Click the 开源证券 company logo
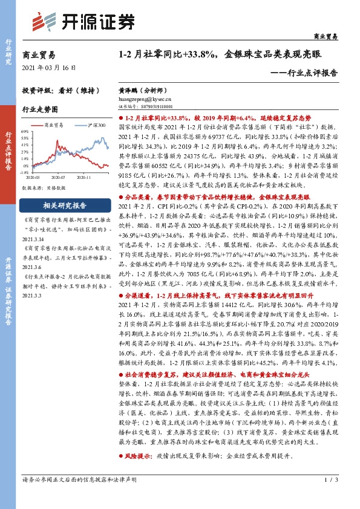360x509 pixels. [83, 21]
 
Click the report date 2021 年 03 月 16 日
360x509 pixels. [50, 68]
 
